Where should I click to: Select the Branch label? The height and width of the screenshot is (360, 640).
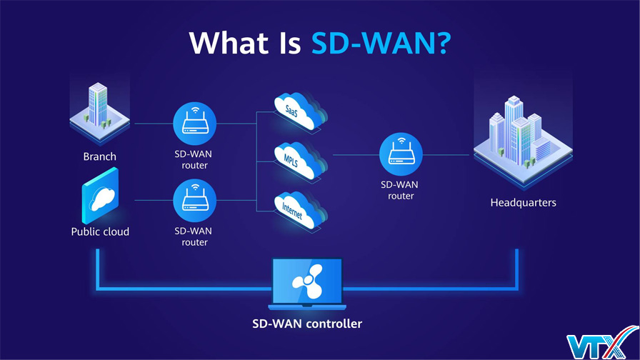(100, 156)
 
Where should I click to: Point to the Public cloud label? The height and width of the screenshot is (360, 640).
(100, 231)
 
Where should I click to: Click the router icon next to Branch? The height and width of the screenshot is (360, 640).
(194, 123)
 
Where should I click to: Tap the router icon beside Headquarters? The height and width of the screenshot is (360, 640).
(401, 154)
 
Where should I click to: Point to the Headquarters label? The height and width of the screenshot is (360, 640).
(523, 203)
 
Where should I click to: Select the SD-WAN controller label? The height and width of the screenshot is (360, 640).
(307, 324)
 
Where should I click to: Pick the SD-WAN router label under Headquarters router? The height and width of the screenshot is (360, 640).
(401, 190)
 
